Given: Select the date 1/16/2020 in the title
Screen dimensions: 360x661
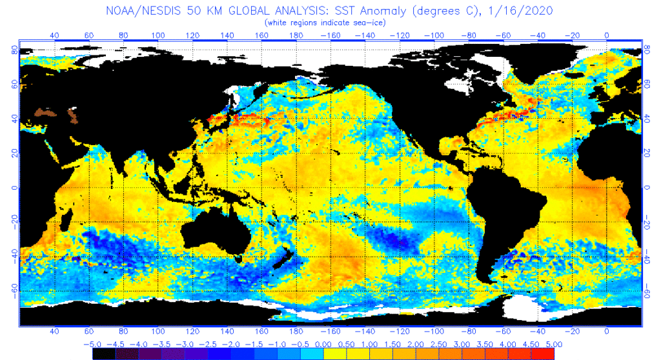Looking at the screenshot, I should (524, 12).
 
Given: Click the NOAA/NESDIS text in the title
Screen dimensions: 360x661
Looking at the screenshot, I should (143, 12).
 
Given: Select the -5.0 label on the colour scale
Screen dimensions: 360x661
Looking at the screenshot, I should (95, 344).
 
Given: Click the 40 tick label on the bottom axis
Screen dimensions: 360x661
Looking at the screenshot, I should (54, 331).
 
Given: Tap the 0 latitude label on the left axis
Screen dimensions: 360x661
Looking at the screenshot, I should (14, 188).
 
